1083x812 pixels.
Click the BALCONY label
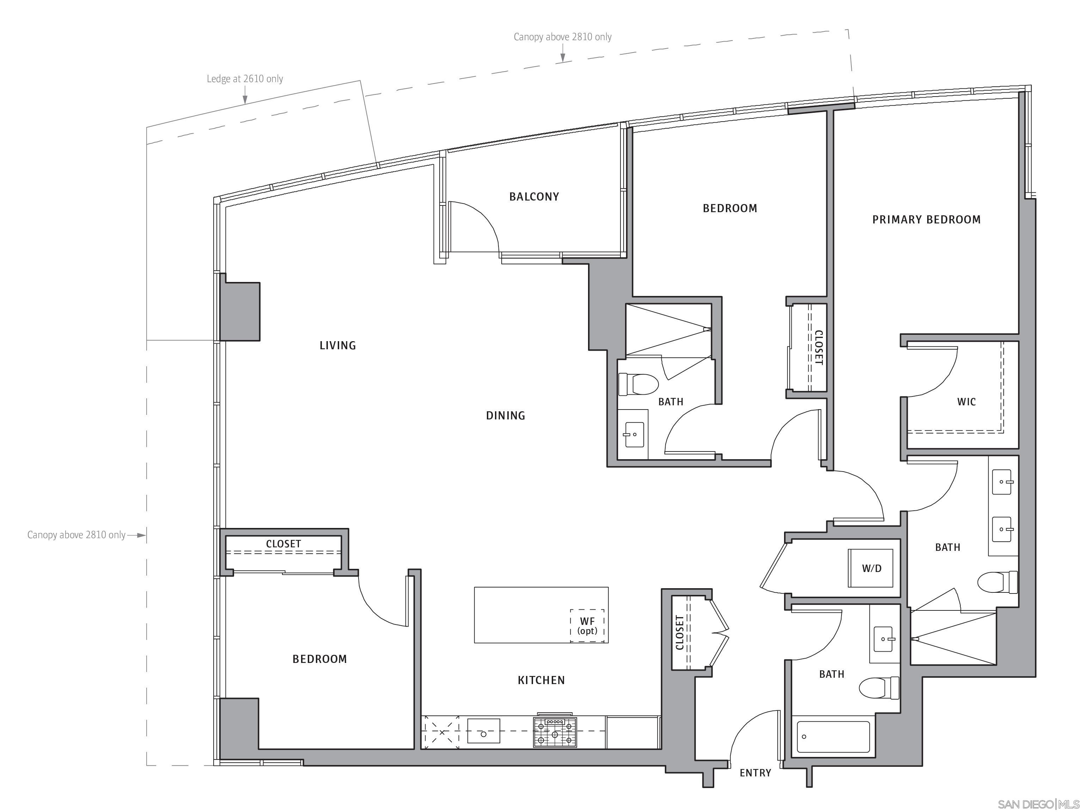pyautogui.click(x=534, y=197)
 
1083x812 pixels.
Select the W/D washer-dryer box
pyautogui.click(x=871, y=568)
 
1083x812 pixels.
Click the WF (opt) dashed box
pyautogui.click(x=587, y=626)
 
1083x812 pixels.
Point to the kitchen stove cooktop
pyautogui.click(x=555, y=732)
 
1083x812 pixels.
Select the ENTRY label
pyautogui.click(x=755, y=773)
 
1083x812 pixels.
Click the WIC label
pyautogui.click(x=966, y=402)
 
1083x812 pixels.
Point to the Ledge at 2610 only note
pyautogui.click(x=245, y=79)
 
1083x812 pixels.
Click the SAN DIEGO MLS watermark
pyautogui.click(x=1038, y=804)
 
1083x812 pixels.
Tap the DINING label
pyautogui.click(x=505, y=416)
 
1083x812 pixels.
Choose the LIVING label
pyautogui.click(x=337, y=345)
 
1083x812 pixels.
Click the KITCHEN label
pyautogui.click(x=541, y=680)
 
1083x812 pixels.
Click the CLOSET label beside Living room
pyautogui.click(x=283, y=544)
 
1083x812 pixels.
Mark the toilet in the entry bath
pyautogui.click(x=879, y=688)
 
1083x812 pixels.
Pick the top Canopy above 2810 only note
pyautogui.click(x=562, y=37)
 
